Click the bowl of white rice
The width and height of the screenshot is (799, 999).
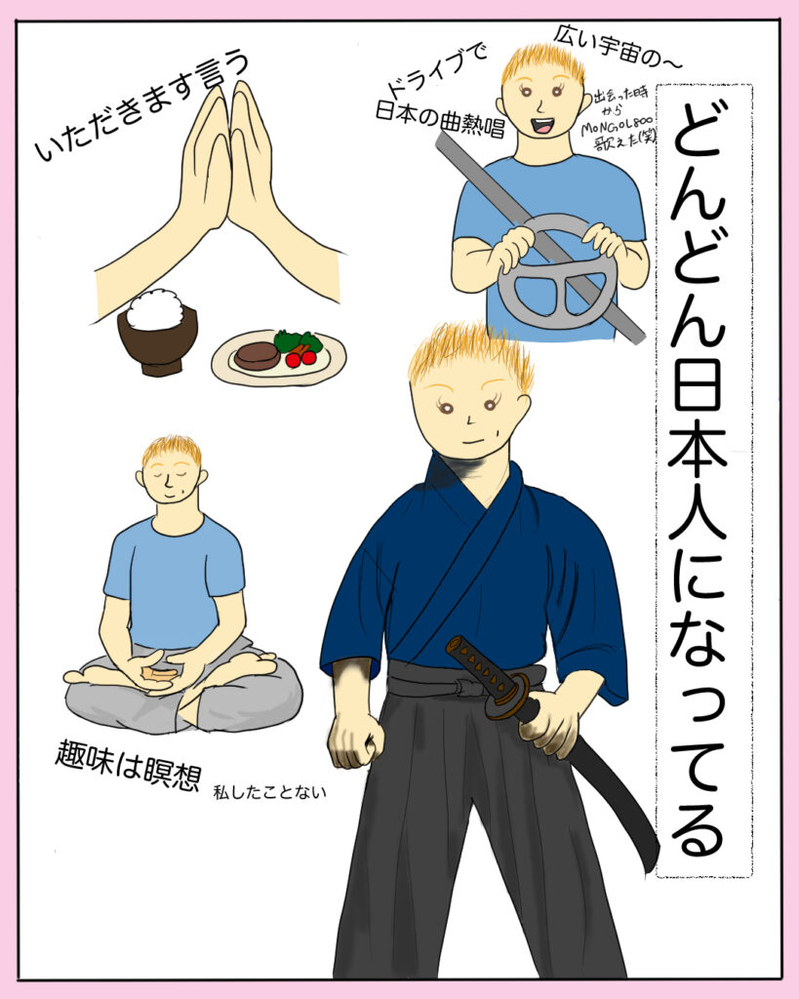tap(157, 332)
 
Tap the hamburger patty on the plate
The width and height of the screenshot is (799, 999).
tap(257, 355)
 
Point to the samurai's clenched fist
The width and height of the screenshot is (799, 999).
tap(355, 740)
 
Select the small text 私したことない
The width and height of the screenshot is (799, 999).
tap(269, 792)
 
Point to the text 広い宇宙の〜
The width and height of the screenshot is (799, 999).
tap(617, 47)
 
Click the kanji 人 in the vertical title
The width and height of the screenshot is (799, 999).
tap(696, 507)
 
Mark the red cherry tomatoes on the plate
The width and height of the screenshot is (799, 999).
tap(300, 358)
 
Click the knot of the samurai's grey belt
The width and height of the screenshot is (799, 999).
tap(467, 689)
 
